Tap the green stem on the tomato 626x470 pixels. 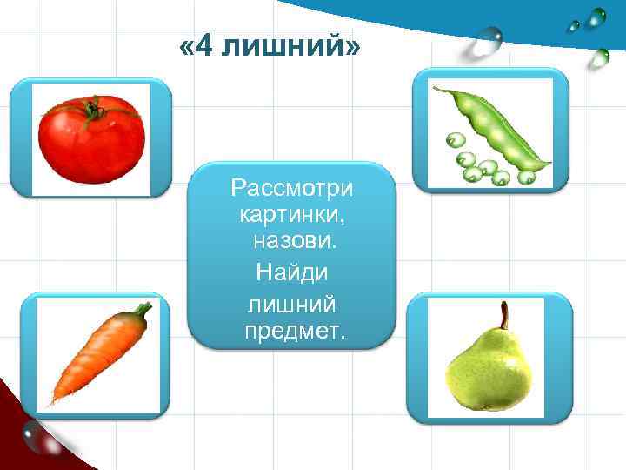pos(91,110)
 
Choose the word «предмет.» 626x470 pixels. pos(295,331)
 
